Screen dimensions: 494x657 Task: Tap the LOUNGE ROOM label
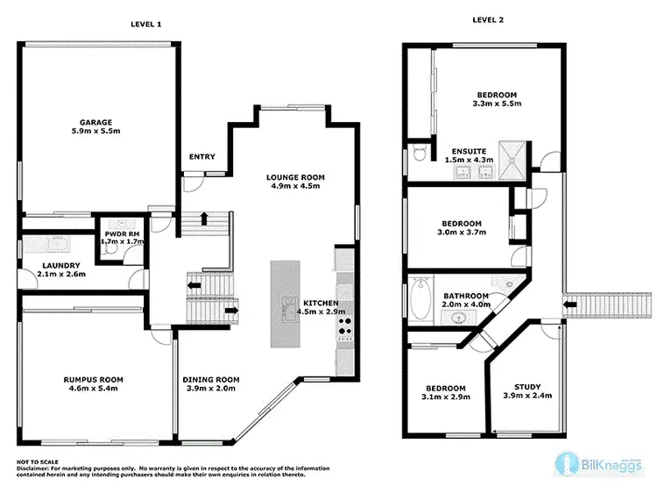[296, 177]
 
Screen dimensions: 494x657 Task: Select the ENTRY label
[202, 157]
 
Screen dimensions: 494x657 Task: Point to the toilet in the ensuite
[420, 154]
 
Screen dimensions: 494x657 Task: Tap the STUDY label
[526, 386]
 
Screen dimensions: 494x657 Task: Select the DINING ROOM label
[210, 380]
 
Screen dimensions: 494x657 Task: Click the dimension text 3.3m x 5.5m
[496, 104]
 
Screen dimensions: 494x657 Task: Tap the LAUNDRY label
[61, 265]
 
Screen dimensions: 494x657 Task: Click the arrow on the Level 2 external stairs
[571, 304]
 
